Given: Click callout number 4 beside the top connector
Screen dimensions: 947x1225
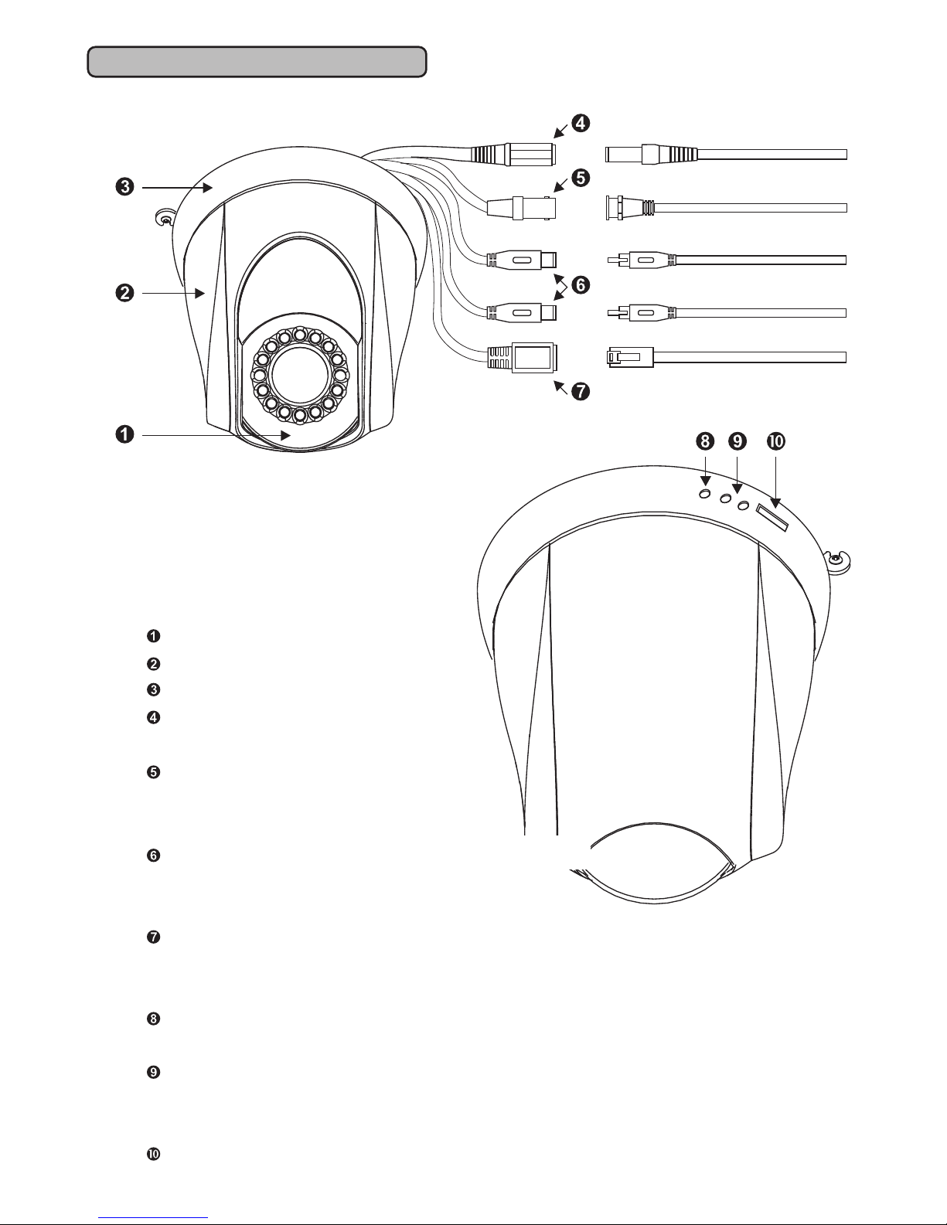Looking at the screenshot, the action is coord(581,123).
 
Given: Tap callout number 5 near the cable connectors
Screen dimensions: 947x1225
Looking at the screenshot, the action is coord(581,178).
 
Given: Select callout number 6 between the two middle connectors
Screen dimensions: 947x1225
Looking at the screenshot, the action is coord(581,284).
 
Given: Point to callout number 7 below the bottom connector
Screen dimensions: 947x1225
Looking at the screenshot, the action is coord(581,390).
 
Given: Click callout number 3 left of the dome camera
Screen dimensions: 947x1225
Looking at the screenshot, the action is coord(124,186).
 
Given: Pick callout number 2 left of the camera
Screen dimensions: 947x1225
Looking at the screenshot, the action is coord(124,293).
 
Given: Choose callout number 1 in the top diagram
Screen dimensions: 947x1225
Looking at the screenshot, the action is coord(124,434).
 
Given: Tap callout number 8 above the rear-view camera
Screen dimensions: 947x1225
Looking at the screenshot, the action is coord(704,441).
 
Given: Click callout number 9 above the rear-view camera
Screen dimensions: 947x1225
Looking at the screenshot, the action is coord(738,441).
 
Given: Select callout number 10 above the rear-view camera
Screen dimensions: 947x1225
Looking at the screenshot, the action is coord(776,441).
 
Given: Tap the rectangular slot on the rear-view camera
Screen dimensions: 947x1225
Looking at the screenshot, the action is coord(772,518).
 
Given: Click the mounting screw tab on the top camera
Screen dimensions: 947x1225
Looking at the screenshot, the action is coord(165,218).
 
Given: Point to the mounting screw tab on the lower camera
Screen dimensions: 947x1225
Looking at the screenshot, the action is coord(838,560).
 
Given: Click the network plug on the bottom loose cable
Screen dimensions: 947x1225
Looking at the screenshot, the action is coord(629,357).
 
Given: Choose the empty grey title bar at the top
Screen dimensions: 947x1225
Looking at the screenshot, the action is coord(257,62).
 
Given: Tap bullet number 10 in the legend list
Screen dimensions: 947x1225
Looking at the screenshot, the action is coord(153,1154).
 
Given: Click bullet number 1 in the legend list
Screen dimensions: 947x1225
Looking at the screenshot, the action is coord(153,636).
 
